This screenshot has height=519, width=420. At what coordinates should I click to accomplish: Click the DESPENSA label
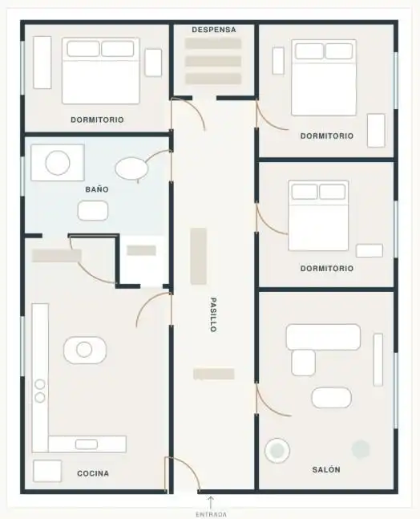pyautogui.click(x=214, y=30)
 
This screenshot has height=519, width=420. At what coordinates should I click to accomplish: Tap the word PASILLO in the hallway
pyautogui.click(x=213, y=314)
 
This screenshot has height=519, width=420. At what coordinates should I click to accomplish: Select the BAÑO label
pyautogui.click(x=97, y=189)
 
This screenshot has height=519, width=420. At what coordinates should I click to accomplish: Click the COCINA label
pyautogui.click(x=93, y=473)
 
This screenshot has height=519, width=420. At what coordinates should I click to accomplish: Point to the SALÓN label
pyautogui.click(x=326, y=469)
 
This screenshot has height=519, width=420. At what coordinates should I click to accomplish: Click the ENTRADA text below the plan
pyautogui.click(x=211, y=514)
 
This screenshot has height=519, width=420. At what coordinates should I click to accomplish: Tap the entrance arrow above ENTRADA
pyautogui.click(x=211, y=502)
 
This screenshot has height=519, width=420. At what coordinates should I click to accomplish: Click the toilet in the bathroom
pyautogui.click(x=131, y=168)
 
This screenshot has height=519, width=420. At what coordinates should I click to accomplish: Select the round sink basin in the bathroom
pyautogui.click(x=58, y=163)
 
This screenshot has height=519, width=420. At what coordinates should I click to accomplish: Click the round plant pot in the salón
pyautogui.click(x=277, y=450)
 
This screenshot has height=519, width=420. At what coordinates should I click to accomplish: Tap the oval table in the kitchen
pyautogui.click(x=85, y=350)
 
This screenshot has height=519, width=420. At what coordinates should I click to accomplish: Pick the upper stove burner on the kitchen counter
pyautogui.click(x=40, y=384)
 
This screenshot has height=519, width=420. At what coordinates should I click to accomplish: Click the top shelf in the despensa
pyautogui.click(x=213, y=43)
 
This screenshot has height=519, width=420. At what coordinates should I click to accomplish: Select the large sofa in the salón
pyautogui.click(x=323, y=337)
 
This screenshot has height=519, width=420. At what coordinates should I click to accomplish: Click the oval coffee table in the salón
pyautogui.click(x=331, y=397)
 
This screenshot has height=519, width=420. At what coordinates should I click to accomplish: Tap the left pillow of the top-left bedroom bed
pyautogui.click(x=83, y=49)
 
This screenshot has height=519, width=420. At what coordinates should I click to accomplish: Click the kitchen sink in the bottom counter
pyautogui.click(x=87, y=444)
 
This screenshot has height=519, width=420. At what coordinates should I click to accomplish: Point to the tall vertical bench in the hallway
pyautogui.click(x=199, y=256)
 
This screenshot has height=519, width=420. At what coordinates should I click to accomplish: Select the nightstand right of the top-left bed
pyautogui.click(x=153, y=63)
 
